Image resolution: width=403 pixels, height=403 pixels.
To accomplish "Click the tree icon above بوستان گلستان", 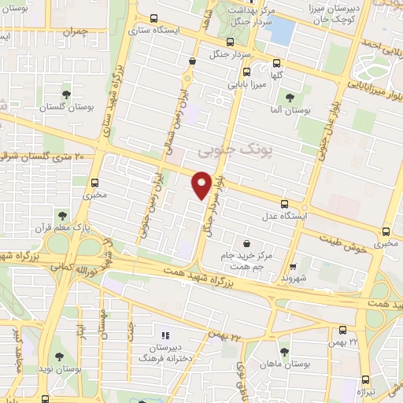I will coord(66,94).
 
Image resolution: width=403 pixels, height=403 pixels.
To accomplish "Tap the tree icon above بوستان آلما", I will coord(290,97).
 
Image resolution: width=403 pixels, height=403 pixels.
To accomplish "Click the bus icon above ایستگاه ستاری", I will coord(153,18).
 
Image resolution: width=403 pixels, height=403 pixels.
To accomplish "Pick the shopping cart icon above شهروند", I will coord(293,267).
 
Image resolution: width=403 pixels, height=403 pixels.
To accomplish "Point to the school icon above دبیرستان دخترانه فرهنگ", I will coord(165,335).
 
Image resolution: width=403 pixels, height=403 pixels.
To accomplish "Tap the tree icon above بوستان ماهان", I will coord(284,352).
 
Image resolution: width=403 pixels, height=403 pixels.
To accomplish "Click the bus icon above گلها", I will coord(276,64).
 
